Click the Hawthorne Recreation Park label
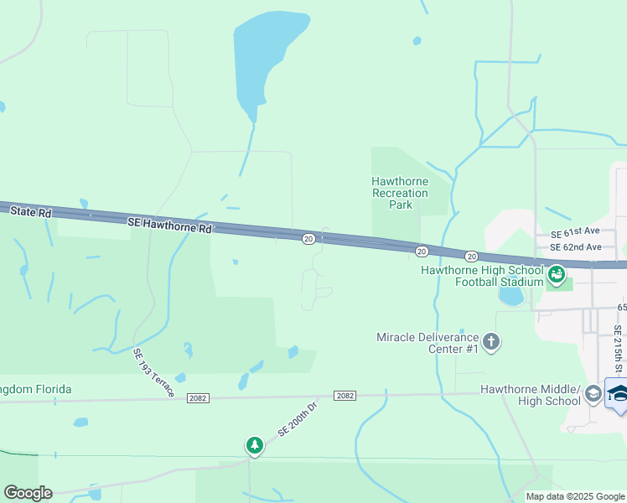coord(400,193)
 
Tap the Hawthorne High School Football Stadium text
coord(482,276)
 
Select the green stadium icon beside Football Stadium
coord(556,274)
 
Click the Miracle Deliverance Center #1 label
coord(427,342)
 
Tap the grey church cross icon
coord(491,341)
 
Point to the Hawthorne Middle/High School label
coord(530,395)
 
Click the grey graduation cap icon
coord(593,394)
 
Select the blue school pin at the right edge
coord(618,395)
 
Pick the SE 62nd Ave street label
coord(576,247)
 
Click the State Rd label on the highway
coord(31,213)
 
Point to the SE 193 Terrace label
coord(154,372)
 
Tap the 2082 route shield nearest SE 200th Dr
coord(345,395)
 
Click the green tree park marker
coord(254,446)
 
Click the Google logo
coord(28,493)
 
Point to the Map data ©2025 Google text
coord(574,496)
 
